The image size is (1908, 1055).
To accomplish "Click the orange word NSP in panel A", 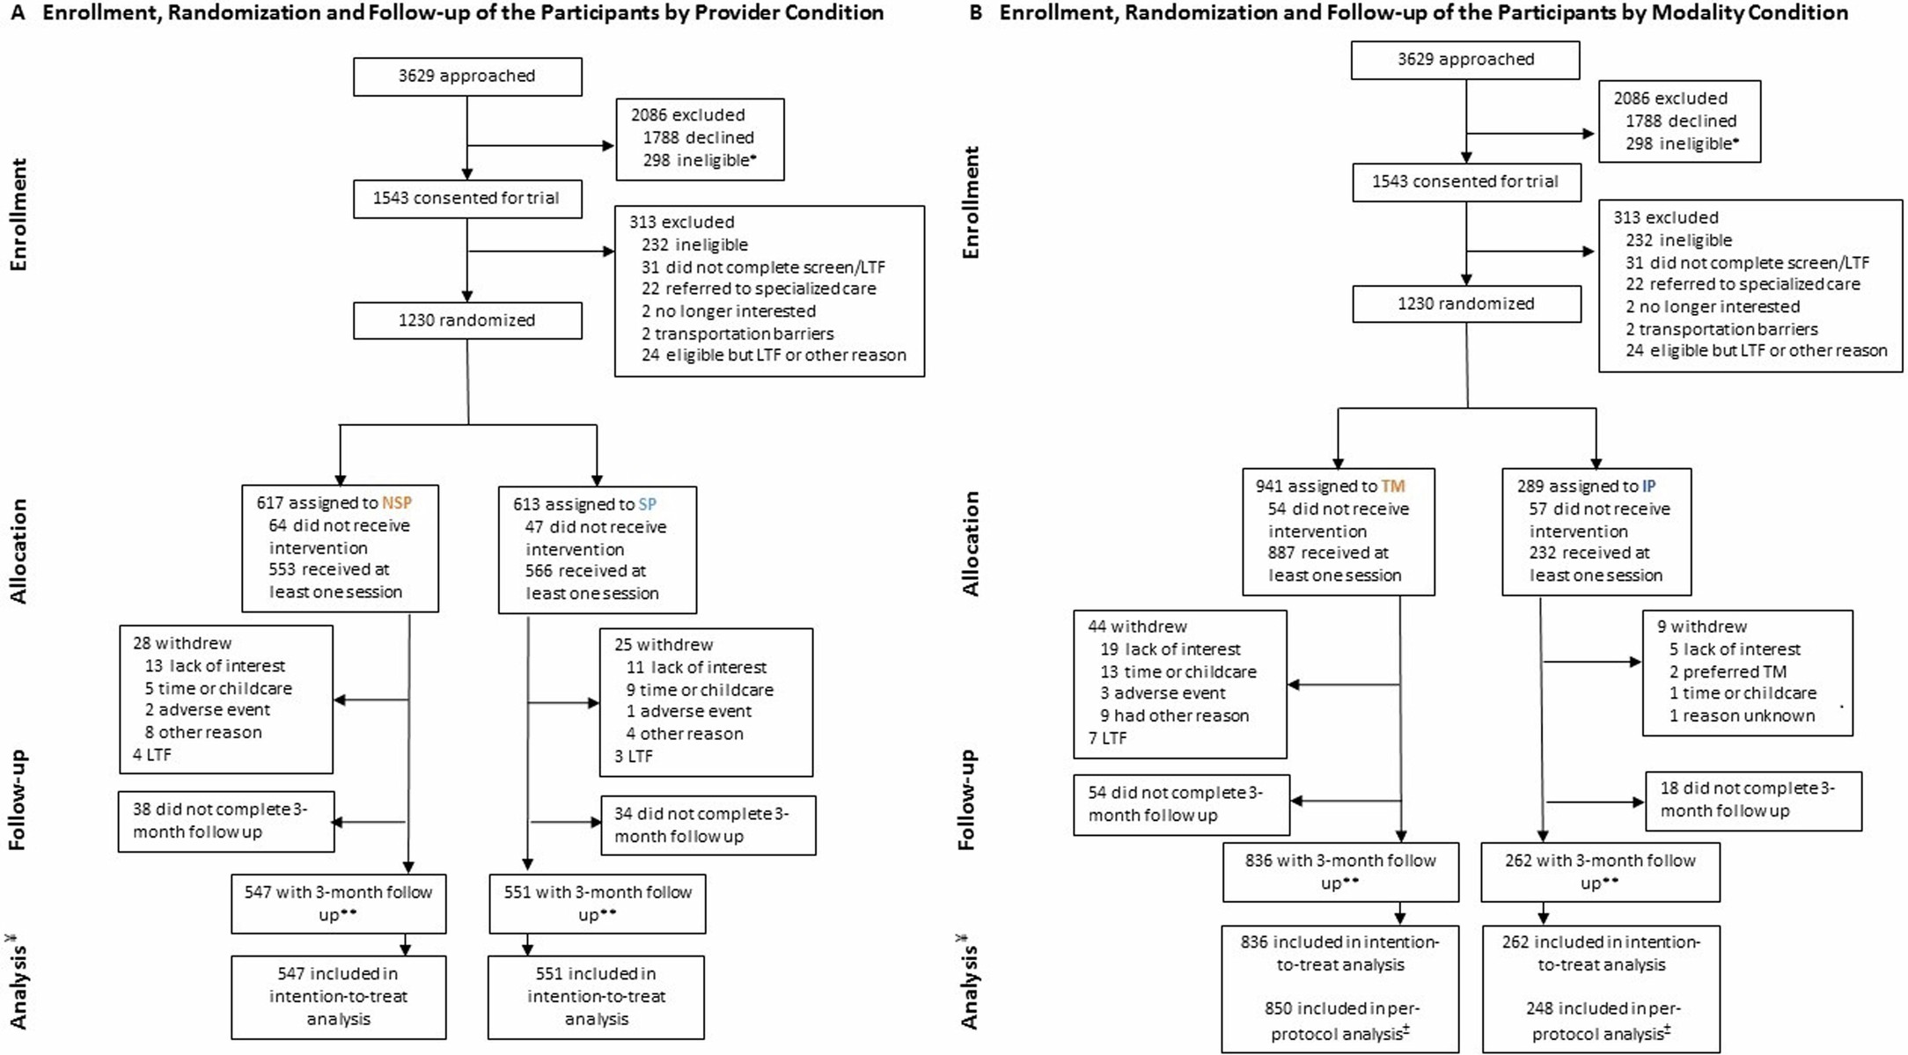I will click(397, 503).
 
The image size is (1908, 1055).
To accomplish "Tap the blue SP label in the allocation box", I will click(647, 504).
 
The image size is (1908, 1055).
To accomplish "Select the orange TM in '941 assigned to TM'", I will click(1393, 486).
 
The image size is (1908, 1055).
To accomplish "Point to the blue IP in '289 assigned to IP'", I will click(1648, 486).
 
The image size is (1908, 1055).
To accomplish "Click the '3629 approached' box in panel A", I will click(467, 77).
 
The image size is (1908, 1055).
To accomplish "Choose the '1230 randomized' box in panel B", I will click(1466, 304).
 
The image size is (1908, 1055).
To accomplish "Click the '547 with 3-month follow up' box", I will click(339, 904).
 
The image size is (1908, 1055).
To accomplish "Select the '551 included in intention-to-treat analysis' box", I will click(596, 997).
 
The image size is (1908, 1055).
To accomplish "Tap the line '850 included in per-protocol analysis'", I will click(1340, 1021).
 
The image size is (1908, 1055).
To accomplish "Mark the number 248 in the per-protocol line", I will click(1540, 1008).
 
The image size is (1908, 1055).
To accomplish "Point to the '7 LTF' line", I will click(1107, 738).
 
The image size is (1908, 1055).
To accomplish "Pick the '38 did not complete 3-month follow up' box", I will click(226, 821).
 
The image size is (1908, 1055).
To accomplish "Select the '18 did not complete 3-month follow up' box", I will click(1753, 800).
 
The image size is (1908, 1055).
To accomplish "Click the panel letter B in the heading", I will click(975, 12).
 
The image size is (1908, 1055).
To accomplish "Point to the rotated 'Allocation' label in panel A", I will click(18, 551).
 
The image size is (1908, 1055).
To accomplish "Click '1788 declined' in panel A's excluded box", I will click(698, 138).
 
